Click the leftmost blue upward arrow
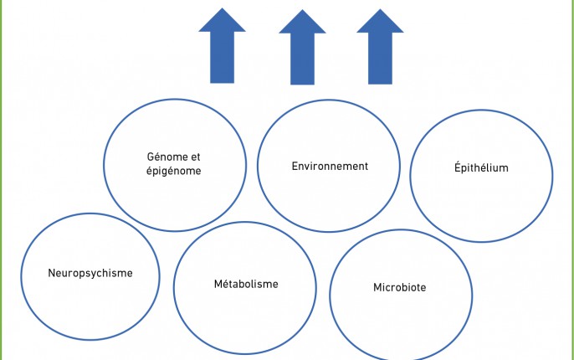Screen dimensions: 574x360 click(223, 46)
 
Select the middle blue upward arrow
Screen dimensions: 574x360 click(302, 47)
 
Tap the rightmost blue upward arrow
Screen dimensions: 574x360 click(380, 47)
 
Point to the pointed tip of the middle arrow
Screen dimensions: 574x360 click(302, 10)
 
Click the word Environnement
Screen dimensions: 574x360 click(330, 167)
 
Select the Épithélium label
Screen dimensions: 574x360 click(481, 167)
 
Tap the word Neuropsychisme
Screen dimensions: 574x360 click(90, 273)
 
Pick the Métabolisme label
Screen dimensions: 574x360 click(246, 284)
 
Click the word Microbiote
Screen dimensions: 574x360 click(399, 287)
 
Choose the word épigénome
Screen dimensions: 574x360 click(173, 171)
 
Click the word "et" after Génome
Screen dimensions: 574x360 click(195, 157)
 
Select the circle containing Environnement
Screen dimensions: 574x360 click(258, 166)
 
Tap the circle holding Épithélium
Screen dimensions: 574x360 click(410, 176)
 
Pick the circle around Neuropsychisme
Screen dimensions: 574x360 click(21, 276)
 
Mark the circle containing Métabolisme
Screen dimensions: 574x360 click(173, 288)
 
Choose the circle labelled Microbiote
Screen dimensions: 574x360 click(330, 296)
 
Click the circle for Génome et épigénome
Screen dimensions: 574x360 click(104, 165)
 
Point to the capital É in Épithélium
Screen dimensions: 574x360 click(458, 167)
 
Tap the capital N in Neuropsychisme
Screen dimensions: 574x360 click(52, 273)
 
